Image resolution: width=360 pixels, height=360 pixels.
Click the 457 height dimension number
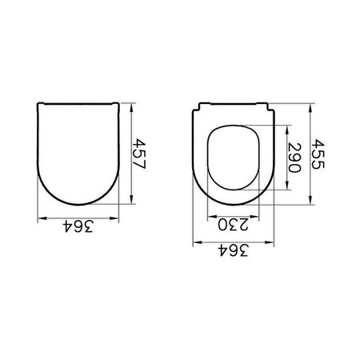tap(139, 154)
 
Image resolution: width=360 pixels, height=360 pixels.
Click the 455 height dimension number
tap(318, 154)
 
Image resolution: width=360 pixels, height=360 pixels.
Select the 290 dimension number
tap(294, 158)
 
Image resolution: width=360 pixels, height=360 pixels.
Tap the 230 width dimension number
tap(233, 224)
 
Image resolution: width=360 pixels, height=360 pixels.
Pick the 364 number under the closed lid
tap(78, 226)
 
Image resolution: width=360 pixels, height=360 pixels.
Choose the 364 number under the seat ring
tap(233, 250)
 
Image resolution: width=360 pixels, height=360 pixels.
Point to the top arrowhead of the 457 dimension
tap(131, 108)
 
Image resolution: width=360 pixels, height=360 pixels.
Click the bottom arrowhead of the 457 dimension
tap(131, 199)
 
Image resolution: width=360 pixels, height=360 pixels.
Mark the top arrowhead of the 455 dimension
tap(310, 108)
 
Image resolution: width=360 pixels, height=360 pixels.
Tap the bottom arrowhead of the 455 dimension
tap(310, 200)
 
